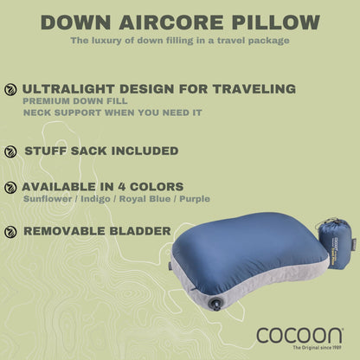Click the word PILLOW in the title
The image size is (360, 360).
click(273, 22)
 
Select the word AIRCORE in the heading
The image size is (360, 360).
click(171, 22)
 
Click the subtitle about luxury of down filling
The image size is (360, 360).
click(180, 41)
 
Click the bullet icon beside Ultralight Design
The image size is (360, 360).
click(10, 89)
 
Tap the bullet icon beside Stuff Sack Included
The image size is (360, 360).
click(10, 151)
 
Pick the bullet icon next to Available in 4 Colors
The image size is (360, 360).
click(10, 187)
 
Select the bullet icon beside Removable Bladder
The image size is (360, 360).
click(10, 231)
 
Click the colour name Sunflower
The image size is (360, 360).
click(48, 200)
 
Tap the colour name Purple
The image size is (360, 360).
click(196, 200)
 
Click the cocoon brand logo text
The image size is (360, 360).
click(299, 332)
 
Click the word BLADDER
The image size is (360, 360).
click(134, 231)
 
